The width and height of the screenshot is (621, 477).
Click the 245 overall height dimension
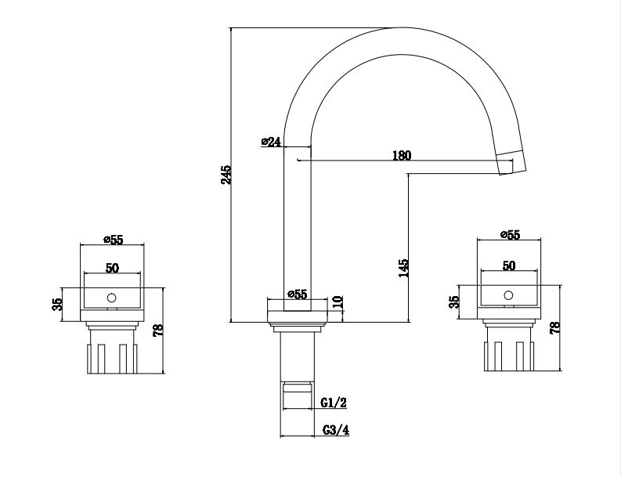tap(226, 175)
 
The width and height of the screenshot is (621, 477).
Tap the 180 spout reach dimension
tap(402, 155)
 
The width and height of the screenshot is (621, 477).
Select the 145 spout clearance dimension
tap(403, 268)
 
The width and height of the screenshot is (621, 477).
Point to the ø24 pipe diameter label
tap(271, 142)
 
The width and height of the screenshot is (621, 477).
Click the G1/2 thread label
tap(334, 403)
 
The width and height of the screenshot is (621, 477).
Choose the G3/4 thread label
tap(336, 430)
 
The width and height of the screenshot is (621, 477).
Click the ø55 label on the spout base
tap(298, 294)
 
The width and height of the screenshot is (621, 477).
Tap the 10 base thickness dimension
tap(338, 302)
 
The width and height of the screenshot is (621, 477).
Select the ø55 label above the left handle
tap(114, 240)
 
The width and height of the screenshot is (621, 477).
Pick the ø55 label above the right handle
tap(510, 234)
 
